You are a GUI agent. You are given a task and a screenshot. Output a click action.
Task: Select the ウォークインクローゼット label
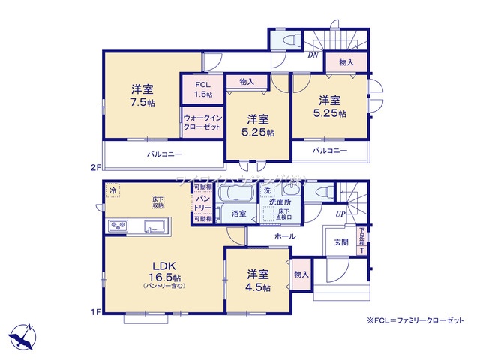click(202, 123)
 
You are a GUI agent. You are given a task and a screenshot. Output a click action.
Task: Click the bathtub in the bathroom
click(238, 193)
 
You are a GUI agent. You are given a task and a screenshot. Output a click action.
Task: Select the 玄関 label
click(341, 242)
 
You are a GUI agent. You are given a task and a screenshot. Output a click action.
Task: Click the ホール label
click(284, 236)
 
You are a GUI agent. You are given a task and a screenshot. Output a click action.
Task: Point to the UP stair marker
click(340, 214)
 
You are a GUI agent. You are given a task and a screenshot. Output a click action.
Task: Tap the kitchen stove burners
click(118, 226)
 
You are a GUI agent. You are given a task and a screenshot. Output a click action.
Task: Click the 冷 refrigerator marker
click(112, 190)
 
